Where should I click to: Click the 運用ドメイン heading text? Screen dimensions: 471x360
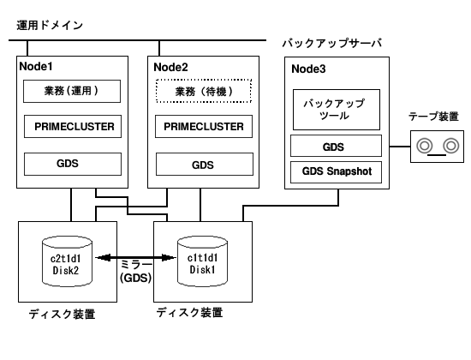pyautogui.click(x=50, y=25)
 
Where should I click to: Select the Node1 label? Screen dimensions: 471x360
pyautogui.click(x=36, y=67)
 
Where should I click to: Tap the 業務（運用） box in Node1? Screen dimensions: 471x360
pyautogui.click(x=72, y=91)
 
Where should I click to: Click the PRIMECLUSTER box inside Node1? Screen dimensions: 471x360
pyautogui.click(x=73, y=126)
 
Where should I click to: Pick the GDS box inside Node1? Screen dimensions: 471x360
pyautogui.click(x=73, y=164)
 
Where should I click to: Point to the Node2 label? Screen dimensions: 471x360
pyautogui.click(x=170, y=68)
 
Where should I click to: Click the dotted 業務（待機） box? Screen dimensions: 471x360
pyautogui.click(x=204, y=91)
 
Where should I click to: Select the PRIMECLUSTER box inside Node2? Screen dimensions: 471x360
pyautogui.click(x=204, y=126)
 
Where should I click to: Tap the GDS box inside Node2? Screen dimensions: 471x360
pyautogui.click(x=205, y=165)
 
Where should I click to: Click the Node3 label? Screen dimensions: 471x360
pyautogui.click(x=308, y=69)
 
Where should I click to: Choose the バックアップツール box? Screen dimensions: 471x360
pyautogui.click(x=337, y=110)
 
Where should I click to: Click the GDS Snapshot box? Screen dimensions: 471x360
pyautogui.click(x=337, y=172)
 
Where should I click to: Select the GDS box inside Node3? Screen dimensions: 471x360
pyautogui.click(x=337, y=146)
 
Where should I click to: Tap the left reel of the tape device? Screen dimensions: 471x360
pyautogui.click(x=424, y=146)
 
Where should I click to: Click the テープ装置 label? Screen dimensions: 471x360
pyautogui.click(x=433, y=117)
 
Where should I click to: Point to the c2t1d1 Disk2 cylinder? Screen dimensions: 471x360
pyautogui.click(x=67, y=261)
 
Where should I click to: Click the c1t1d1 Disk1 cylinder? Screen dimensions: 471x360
pyautogui.click(x=202, y=261)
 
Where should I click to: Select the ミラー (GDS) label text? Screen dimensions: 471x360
pyautogui.click(x=136, y=271)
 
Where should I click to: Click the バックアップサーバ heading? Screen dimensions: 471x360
pyautogui.click(x=332, y=44)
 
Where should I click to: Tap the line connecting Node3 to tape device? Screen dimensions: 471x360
pyautogui.click(x=400, y=147)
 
